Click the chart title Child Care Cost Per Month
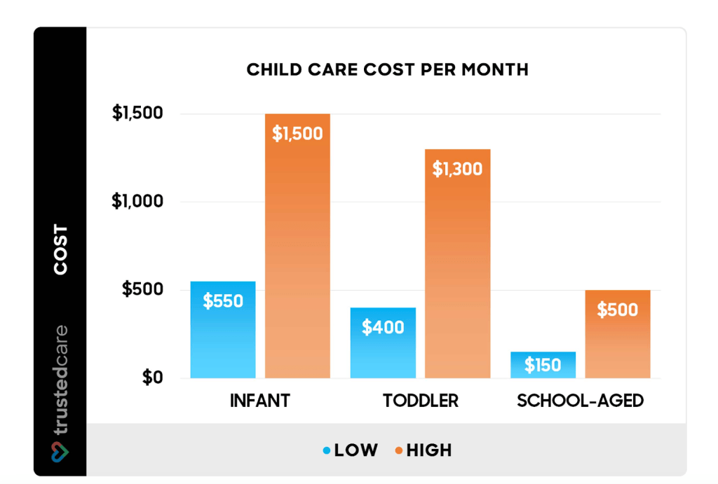click(x=387, y=70)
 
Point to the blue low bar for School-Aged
click(x=543, y=365)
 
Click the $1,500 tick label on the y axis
click(x=137, y=113)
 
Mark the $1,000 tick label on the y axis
click(x=137, y=202)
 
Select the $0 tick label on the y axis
click(x=152, y=378)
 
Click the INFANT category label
click(x=259, y=401)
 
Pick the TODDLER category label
click(x=421, y=401)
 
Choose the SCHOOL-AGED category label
click(x=581, y=401)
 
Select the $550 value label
click(x=223, y=302)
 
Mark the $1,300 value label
click(x=457, y=169)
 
